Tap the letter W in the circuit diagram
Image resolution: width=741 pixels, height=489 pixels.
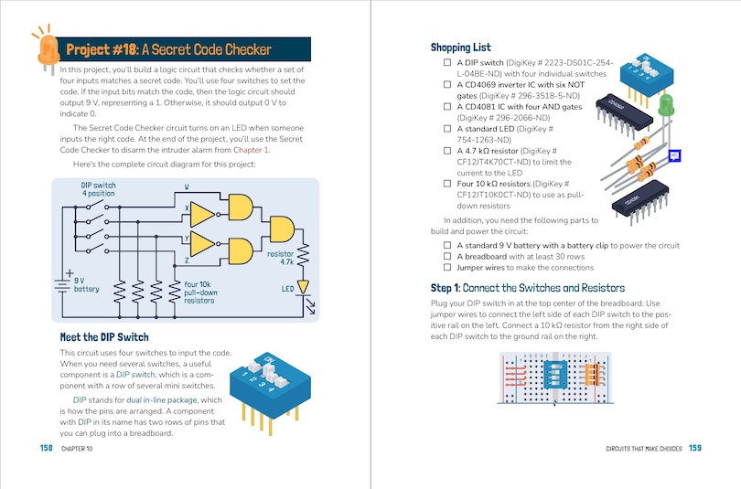(187, 187)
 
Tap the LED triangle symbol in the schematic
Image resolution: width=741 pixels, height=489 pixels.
(303, 287)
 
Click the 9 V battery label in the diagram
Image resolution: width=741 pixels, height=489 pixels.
(86, 285)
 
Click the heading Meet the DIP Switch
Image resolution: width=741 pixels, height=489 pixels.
(103, 337)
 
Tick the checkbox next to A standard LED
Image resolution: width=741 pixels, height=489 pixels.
(447, 131)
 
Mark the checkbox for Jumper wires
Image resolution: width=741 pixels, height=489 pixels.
(447, 268)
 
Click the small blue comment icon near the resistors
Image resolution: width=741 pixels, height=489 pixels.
(675, 156)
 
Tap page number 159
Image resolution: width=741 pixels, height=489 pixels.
(694, 448)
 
